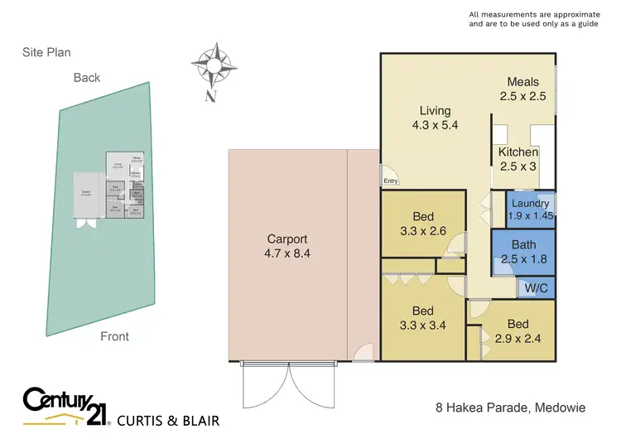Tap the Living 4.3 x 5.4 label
pos(435,118)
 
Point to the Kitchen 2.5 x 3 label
pos(518,159)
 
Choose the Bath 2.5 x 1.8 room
pos(523,252)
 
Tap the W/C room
pos(533,287)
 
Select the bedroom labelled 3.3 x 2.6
pos(422,224)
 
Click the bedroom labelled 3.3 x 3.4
pos(422,318)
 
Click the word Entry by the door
pos(390,181)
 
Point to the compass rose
pos(211,65)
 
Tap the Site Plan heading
pos(46,52)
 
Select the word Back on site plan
pos(86,78)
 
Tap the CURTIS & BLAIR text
pos(169,420)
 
